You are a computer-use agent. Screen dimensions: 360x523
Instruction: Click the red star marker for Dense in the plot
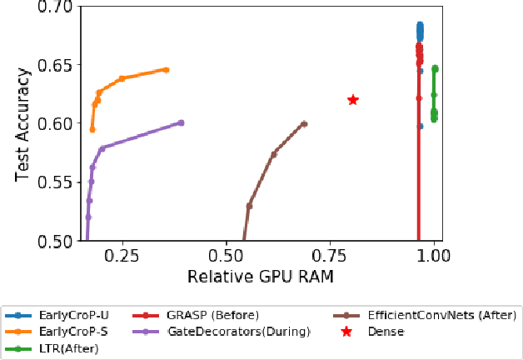353,100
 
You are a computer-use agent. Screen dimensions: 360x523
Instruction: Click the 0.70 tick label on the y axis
56,7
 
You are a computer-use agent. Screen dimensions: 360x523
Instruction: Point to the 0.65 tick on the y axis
56,65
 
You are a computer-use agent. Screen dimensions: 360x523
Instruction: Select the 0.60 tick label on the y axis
56,123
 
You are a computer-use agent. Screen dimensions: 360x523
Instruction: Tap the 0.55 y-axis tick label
56,182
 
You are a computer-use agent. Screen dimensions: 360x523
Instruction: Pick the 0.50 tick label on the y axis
56,241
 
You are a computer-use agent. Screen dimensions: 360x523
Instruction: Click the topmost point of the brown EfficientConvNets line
305,124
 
